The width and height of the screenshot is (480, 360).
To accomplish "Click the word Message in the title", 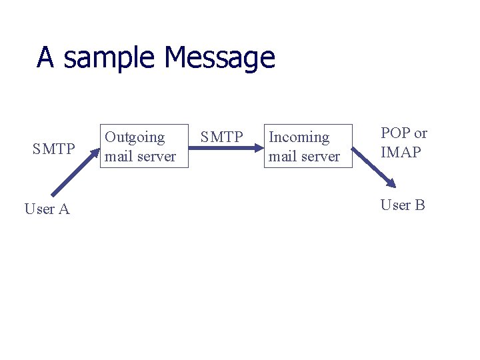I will click(x=219, y=58).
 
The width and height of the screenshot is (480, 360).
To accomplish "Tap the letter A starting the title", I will click(x=45, y=57).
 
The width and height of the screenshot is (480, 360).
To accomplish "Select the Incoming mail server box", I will click(x=307, y=146).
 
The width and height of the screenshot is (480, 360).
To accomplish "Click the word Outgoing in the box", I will click(x=135, y=137).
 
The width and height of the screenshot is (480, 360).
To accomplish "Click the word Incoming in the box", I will click(x=299, y=137).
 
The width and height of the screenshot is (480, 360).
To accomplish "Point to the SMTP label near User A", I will click(x=53, y=149).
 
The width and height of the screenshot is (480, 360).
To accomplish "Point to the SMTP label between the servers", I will click(x=222, y=137).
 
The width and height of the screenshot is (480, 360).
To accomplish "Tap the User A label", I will click(x=47, y=209).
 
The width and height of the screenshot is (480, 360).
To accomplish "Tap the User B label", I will click(x=402, y=205).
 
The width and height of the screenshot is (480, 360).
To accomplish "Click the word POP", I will click(x=395, y=133).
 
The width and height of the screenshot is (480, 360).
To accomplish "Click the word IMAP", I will click(x=401, y=153).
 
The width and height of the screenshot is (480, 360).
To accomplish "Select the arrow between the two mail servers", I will click(x=226, y=157).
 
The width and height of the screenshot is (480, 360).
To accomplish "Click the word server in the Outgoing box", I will click(x=156, y=157).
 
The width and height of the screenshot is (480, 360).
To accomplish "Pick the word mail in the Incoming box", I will click(x=281, y=157).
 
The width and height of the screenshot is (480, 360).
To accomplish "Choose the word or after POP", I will click(x=420, y=133).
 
